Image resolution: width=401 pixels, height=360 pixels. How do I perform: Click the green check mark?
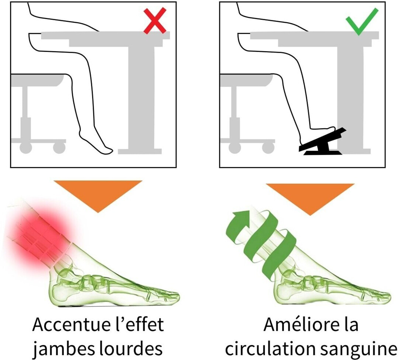coord(362,21)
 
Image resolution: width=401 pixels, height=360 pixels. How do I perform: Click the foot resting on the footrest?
coord(318,133)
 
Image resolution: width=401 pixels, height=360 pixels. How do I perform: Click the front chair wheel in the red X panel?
coord(59,147)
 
